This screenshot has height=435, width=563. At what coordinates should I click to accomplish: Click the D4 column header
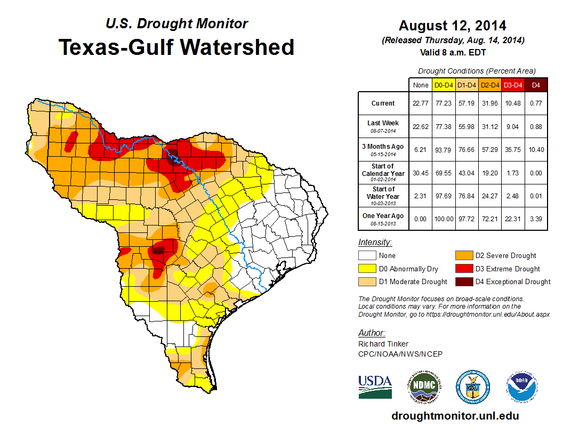tap(536, 85)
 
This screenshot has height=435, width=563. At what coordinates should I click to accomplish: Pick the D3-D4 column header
tap(512, 85)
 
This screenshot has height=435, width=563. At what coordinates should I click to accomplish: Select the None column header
tap(420, 85)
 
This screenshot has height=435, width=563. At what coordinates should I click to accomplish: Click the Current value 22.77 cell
tap(420, 103)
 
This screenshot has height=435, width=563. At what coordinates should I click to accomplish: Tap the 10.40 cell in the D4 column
tap(536, 150)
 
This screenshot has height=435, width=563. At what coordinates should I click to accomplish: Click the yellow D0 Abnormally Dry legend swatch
tap(367, 269)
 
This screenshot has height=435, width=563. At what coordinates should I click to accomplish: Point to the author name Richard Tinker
tap(383, 344)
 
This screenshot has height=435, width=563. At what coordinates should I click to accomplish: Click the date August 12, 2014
tap(452, 26)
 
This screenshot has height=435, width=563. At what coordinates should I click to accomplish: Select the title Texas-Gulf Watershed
tap(176, 47)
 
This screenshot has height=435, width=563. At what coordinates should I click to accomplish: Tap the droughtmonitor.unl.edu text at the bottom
tap(455, 416)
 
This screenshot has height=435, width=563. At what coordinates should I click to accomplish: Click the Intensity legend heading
tap(375, 243)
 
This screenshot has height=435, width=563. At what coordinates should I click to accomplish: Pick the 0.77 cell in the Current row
tap(536, 103)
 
